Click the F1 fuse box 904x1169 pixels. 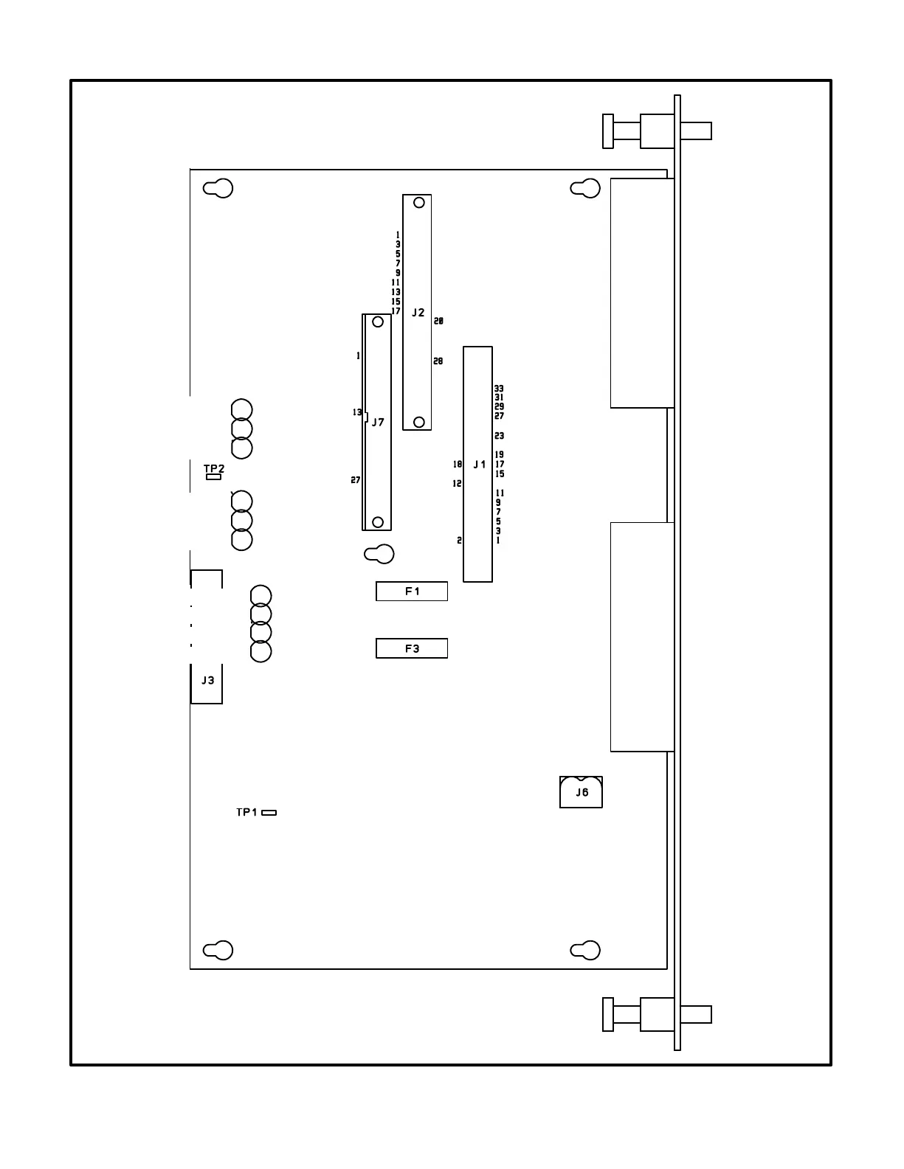(412, 591)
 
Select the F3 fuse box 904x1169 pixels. (412, 648)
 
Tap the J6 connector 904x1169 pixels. (582, 792)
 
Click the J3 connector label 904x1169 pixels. (208, 680)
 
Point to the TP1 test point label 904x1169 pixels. (246, 812)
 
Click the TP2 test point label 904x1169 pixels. (214, 468)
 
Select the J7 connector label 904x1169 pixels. (378, 423)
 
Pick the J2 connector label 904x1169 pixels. (418, 313)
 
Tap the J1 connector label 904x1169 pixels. (480, 465)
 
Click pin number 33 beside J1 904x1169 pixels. (500, 388)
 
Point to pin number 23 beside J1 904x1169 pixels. (500, 436)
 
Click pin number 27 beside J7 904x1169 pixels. (356, 480)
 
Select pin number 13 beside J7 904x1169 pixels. (357, 412)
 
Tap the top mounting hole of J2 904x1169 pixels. (419, 202)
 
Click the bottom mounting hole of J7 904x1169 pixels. (378, 522)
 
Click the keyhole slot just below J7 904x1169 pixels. (379, 554)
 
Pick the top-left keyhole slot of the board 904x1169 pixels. (218, 188)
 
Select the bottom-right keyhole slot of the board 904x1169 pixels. (586, 951)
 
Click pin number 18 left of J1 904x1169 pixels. (458, 465)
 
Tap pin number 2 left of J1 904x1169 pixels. (459, 541)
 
